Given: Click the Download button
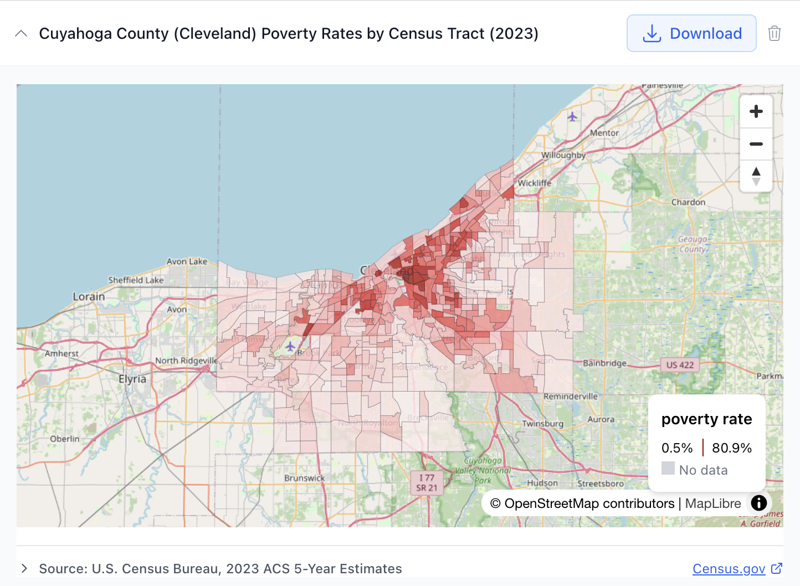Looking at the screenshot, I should pos(691,33).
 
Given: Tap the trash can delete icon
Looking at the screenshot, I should pos(774,33).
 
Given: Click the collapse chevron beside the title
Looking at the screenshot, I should pos(21,33).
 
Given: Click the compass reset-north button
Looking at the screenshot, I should pos(756,176).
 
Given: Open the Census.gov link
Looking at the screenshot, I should pos(729,569).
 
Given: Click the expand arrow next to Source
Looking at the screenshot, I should pos(24,568).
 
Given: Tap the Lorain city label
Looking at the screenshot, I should pos(89,297).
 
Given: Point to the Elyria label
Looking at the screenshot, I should pos(132,379).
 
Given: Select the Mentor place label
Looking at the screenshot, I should pos(604,133).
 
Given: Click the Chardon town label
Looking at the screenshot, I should pos(688,202).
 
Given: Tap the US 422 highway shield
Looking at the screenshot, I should pos(680,365).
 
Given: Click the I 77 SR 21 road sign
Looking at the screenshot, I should pos(427,482).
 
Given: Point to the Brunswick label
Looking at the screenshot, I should pos(304,478).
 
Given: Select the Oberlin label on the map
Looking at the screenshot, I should pos(65,439).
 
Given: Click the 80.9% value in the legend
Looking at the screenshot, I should pos(731,448).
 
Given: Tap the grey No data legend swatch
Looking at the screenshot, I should pos(668,469).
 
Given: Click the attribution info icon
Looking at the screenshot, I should pos(758,503).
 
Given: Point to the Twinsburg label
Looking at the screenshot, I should pos(542,424).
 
